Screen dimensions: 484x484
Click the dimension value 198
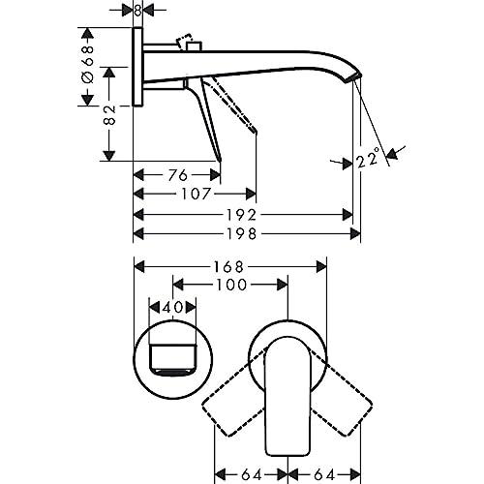coord(242,233)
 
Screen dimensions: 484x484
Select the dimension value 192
coord(242,215)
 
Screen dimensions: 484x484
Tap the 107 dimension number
coord(197,194)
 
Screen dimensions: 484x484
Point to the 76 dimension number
coord(178,175)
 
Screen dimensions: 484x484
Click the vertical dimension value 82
coord(109,115)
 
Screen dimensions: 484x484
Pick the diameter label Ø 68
coord(87,65)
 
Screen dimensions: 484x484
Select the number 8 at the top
coord(137,11)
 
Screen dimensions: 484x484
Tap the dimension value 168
coord(229,267)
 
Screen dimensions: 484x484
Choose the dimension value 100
coord(231,285)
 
